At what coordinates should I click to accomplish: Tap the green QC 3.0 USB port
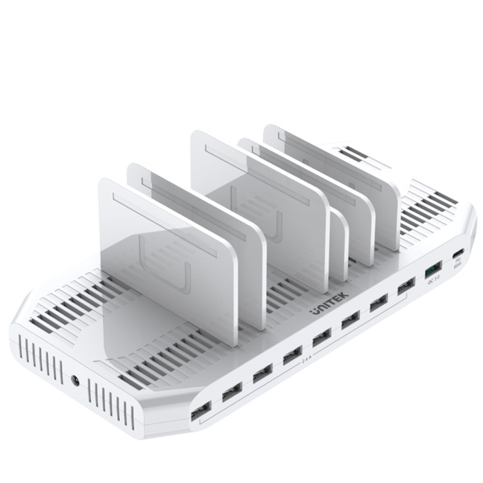431,267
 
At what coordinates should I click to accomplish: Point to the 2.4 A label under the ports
307,361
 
